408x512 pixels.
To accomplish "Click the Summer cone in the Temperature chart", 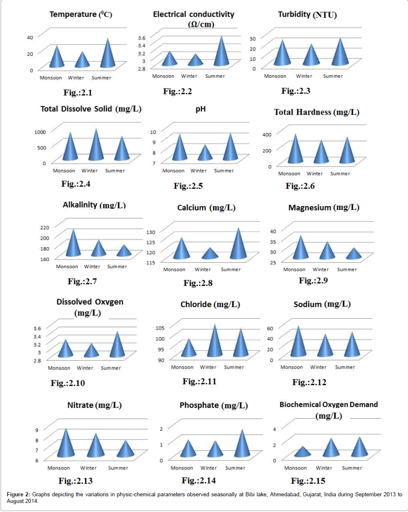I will click(x=108, y=56).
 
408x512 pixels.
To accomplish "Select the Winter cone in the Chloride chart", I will click(x=214, y=343).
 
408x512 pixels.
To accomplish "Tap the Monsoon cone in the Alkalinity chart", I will click(x=74, y=245).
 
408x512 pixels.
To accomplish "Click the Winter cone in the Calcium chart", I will click(x=210, y=254).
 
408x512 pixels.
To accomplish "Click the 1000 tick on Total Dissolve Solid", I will click(x=40, y=132).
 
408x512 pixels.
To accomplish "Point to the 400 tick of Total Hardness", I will click(x=267, y=135).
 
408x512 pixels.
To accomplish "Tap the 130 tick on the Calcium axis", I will click(x=150, y=232).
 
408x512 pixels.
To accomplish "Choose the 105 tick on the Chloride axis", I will click(x=160, y=328).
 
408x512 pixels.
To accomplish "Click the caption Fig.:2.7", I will click(x=82, y=281).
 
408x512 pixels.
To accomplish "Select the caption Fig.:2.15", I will click(x=308, y=481).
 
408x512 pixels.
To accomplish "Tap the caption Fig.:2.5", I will click(x=188, y=186).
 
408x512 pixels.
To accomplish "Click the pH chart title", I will click(x=201, y=109).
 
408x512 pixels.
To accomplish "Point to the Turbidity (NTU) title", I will click(x=307, y=15).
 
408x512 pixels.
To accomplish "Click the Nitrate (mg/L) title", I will click(x=95, y=405).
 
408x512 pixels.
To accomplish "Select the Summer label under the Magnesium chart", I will click(x=347, y=269).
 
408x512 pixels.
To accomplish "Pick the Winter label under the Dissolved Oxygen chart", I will click(x=85, y=368).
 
